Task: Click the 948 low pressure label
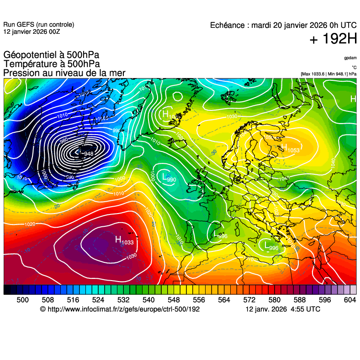[88, 154]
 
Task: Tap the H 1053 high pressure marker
[290, 148]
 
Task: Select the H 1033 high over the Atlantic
[124, 240]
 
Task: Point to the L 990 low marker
[169, 177]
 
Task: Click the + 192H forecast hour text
[333, 39]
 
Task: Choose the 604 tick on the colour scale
[349, 299]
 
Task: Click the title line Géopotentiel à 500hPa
[51, 55]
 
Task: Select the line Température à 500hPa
[52, 64]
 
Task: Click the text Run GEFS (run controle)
[38, 25]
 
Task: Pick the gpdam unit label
[350, 58]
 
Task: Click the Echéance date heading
[283, 26]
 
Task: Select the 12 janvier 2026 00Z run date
[32, 32]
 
